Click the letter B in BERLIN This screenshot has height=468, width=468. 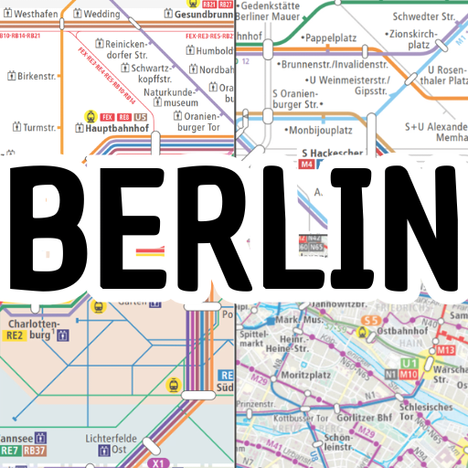[53, 225]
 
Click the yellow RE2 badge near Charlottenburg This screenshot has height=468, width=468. [15, 336]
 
